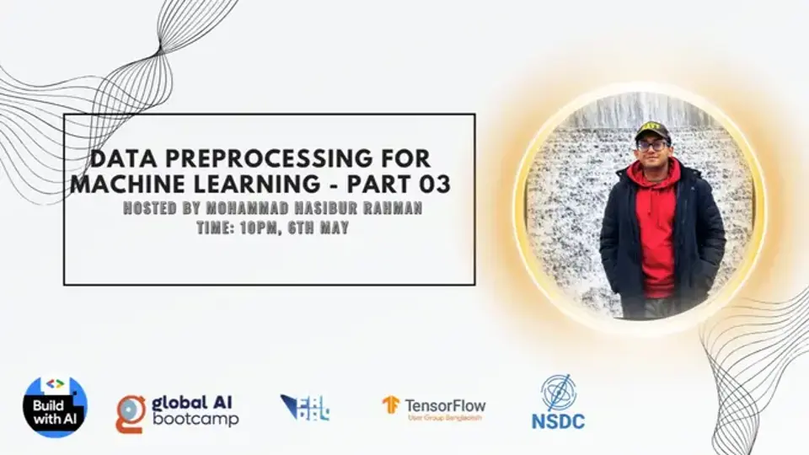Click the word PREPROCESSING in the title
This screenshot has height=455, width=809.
(244, 158)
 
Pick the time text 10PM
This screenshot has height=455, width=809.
(234, 226)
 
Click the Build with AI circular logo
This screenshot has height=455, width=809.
(55, 407)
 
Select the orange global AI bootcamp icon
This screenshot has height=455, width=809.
(131, 413)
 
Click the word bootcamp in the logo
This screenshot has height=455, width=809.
(196, 419)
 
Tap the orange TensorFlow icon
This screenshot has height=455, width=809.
(391, 405)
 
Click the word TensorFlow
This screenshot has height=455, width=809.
(445, 404)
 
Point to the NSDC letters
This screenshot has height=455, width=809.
(557, 420)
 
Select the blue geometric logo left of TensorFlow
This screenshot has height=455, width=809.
(304, 408)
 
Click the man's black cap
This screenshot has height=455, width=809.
(652, 130)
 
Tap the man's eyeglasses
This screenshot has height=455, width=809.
(651, 145)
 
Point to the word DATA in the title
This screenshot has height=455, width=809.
(117, 158)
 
